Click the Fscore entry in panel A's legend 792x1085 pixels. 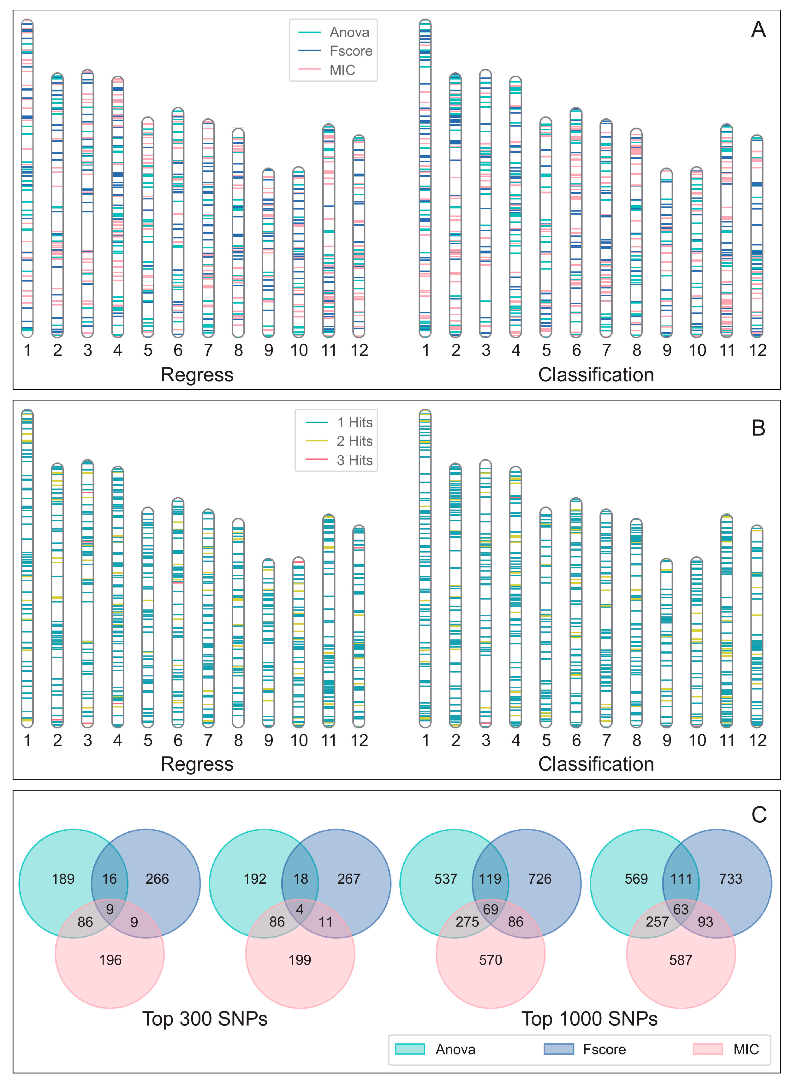pyautogui.click(x=350, y=51)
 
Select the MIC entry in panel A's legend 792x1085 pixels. pyautogui.click(x=342, y=70)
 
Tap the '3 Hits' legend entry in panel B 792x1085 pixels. pyautogui.click(x=354, y=460)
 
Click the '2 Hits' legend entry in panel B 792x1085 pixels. pyautogui.click(x=354, y=441)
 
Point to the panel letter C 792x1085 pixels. pyautogui.click(x=759, y=815)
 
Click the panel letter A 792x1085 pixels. pyautogui.click(x=758, y=30)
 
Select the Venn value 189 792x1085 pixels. pyautogui.click(x=63, y=879)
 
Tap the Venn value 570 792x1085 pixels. pyautogui.click(x=491, y=960)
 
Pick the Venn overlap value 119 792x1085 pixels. pyautogui.click(x=490, y=879)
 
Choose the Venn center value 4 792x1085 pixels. pyautogui.click(x=300, y=909)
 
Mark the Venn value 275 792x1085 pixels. pyautogui.click(x=467, y=922)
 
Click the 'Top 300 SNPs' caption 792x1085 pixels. pyautogui.click(x=205, y=1018)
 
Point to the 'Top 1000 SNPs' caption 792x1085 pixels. pyautogui.click(x=589, y=1018)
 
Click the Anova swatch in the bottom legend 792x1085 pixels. pyautogui.click(x=410, y=1049)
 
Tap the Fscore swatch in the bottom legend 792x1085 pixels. pyautogui.click(x=558, y=1049)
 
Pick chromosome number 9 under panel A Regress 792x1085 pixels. pyautogui.click(x=269, y=350)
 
